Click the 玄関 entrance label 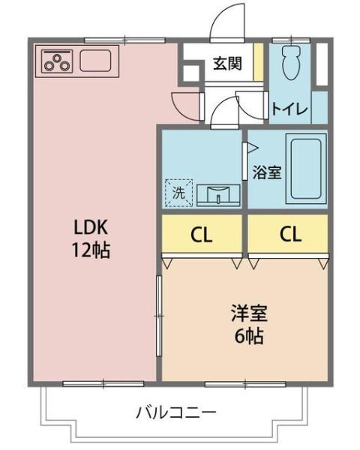pos(226,63)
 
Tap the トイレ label pos(289,109)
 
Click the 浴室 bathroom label pos(266,171)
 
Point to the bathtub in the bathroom pos(307,169)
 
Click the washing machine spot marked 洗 pos(178,191)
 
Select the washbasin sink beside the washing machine pos(218,194)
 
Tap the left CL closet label pos(201,235)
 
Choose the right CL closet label pos(290,235)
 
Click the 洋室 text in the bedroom pos(248,313)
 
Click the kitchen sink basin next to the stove pos(95,60)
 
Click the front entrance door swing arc pos(225,22)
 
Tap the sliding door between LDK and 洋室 pos(158,315)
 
